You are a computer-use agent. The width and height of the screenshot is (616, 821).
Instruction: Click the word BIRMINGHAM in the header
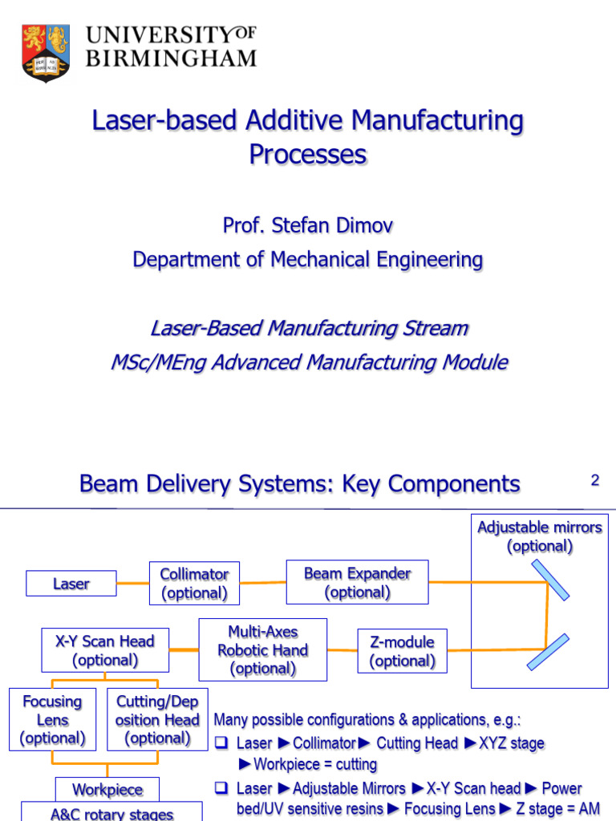[x=171, y=59]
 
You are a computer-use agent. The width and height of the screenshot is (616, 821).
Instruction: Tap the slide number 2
[x=594, y=481]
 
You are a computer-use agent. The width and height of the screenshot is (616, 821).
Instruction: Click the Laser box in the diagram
[x=71, y=584]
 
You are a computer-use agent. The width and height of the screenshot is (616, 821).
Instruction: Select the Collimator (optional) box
[x=194, y=584]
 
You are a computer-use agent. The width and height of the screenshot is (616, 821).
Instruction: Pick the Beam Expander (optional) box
[x=357, y=583]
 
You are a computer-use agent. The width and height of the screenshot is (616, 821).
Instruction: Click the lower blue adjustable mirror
[x=549, y=652]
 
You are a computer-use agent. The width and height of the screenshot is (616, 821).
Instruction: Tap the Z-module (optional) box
[x=402, y=651]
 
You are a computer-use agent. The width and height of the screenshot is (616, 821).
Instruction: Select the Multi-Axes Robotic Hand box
[x=262, y=650]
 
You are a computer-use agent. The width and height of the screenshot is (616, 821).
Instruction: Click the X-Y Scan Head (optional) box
[x=105, y=650]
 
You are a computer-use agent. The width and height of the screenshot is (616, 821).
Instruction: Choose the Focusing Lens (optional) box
[x=52, y=719]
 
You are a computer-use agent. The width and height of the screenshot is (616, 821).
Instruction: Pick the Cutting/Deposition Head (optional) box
[x=157, y=719]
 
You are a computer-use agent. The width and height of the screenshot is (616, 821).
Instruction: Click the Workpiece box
[x=107, y=790]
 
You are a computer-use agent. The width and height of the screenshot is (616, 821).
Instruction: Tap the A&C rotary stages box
[x=111, y=813]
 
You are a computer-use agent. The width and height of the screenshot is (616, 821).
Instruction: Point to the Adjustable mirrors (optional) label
[x=539, y=536]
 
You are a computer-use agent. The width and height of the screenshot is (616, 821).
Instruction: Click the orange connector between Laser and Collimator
[x=132, y=583]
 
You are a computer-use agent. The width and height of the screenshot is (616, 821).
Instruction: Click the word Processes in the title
[x=307, y=154]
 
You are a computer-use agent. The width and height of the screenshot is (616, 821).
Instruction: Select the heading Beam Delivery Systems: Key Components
[x=299, y=484]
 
